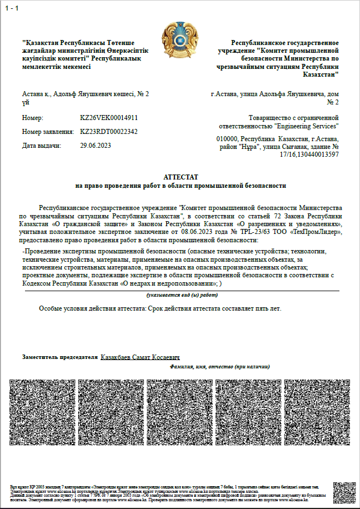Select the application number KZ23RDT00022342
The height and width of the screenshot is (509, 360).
coord(109,132)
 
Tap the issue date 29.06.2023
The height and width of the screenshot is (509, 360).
coord(96,146)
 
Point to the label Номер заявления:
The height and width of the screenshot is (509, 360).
coord(48,132)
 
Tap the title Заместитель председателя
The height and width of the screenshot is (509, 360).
coord(59,357)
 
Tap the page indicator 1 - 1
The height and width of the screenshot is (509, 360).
coord(12,7)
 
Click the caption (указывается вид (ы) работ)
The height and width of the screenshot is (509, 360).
coord(182,295)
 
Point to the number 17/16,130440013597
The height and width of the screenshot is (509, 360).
coord(311,154)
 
